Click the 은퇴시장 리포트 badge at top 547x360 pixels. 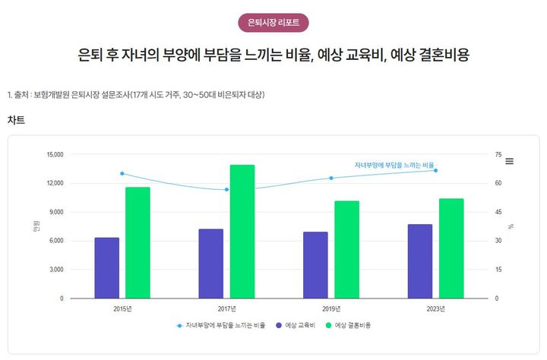pyautogui.click(x=273, y=23)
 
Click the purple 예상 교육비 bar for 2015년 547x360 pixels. pyautogui.click(x=107, y=267)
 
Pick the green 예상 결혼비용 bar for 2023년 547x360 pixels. pyautogui.click(x=451, y=248)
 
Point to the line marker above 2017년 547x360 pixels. pyautogui.click(x=226, y=189)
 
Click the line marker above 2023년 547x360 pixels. pyautogui.click(x=435, y=170)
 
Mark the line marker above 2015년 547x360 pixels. pyautogui.click(x=122, y=173)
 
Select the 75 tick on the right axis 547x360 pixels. pyautogui.click(x=498, y=154)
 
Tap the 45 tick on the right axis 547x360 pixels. pyautogui.click(x=498, y=212)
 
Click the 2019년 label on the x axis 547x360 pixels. pyautogui.click(x=331, y=308)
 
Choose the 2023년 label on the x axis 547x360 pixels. pyautogui.click(x=435, y=308)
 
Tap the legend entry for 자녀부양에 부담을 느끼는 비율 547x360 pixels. pyautogui.click(x=220, y=325)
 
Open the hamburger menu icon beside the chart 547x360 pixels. pyautogui.click(x=510, y=161)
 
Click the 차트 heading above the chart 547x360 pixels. pyautogui.click(x=16, y=120)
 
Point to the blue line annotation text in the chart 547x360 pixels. pyautogui.click(x=394, y=165)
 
